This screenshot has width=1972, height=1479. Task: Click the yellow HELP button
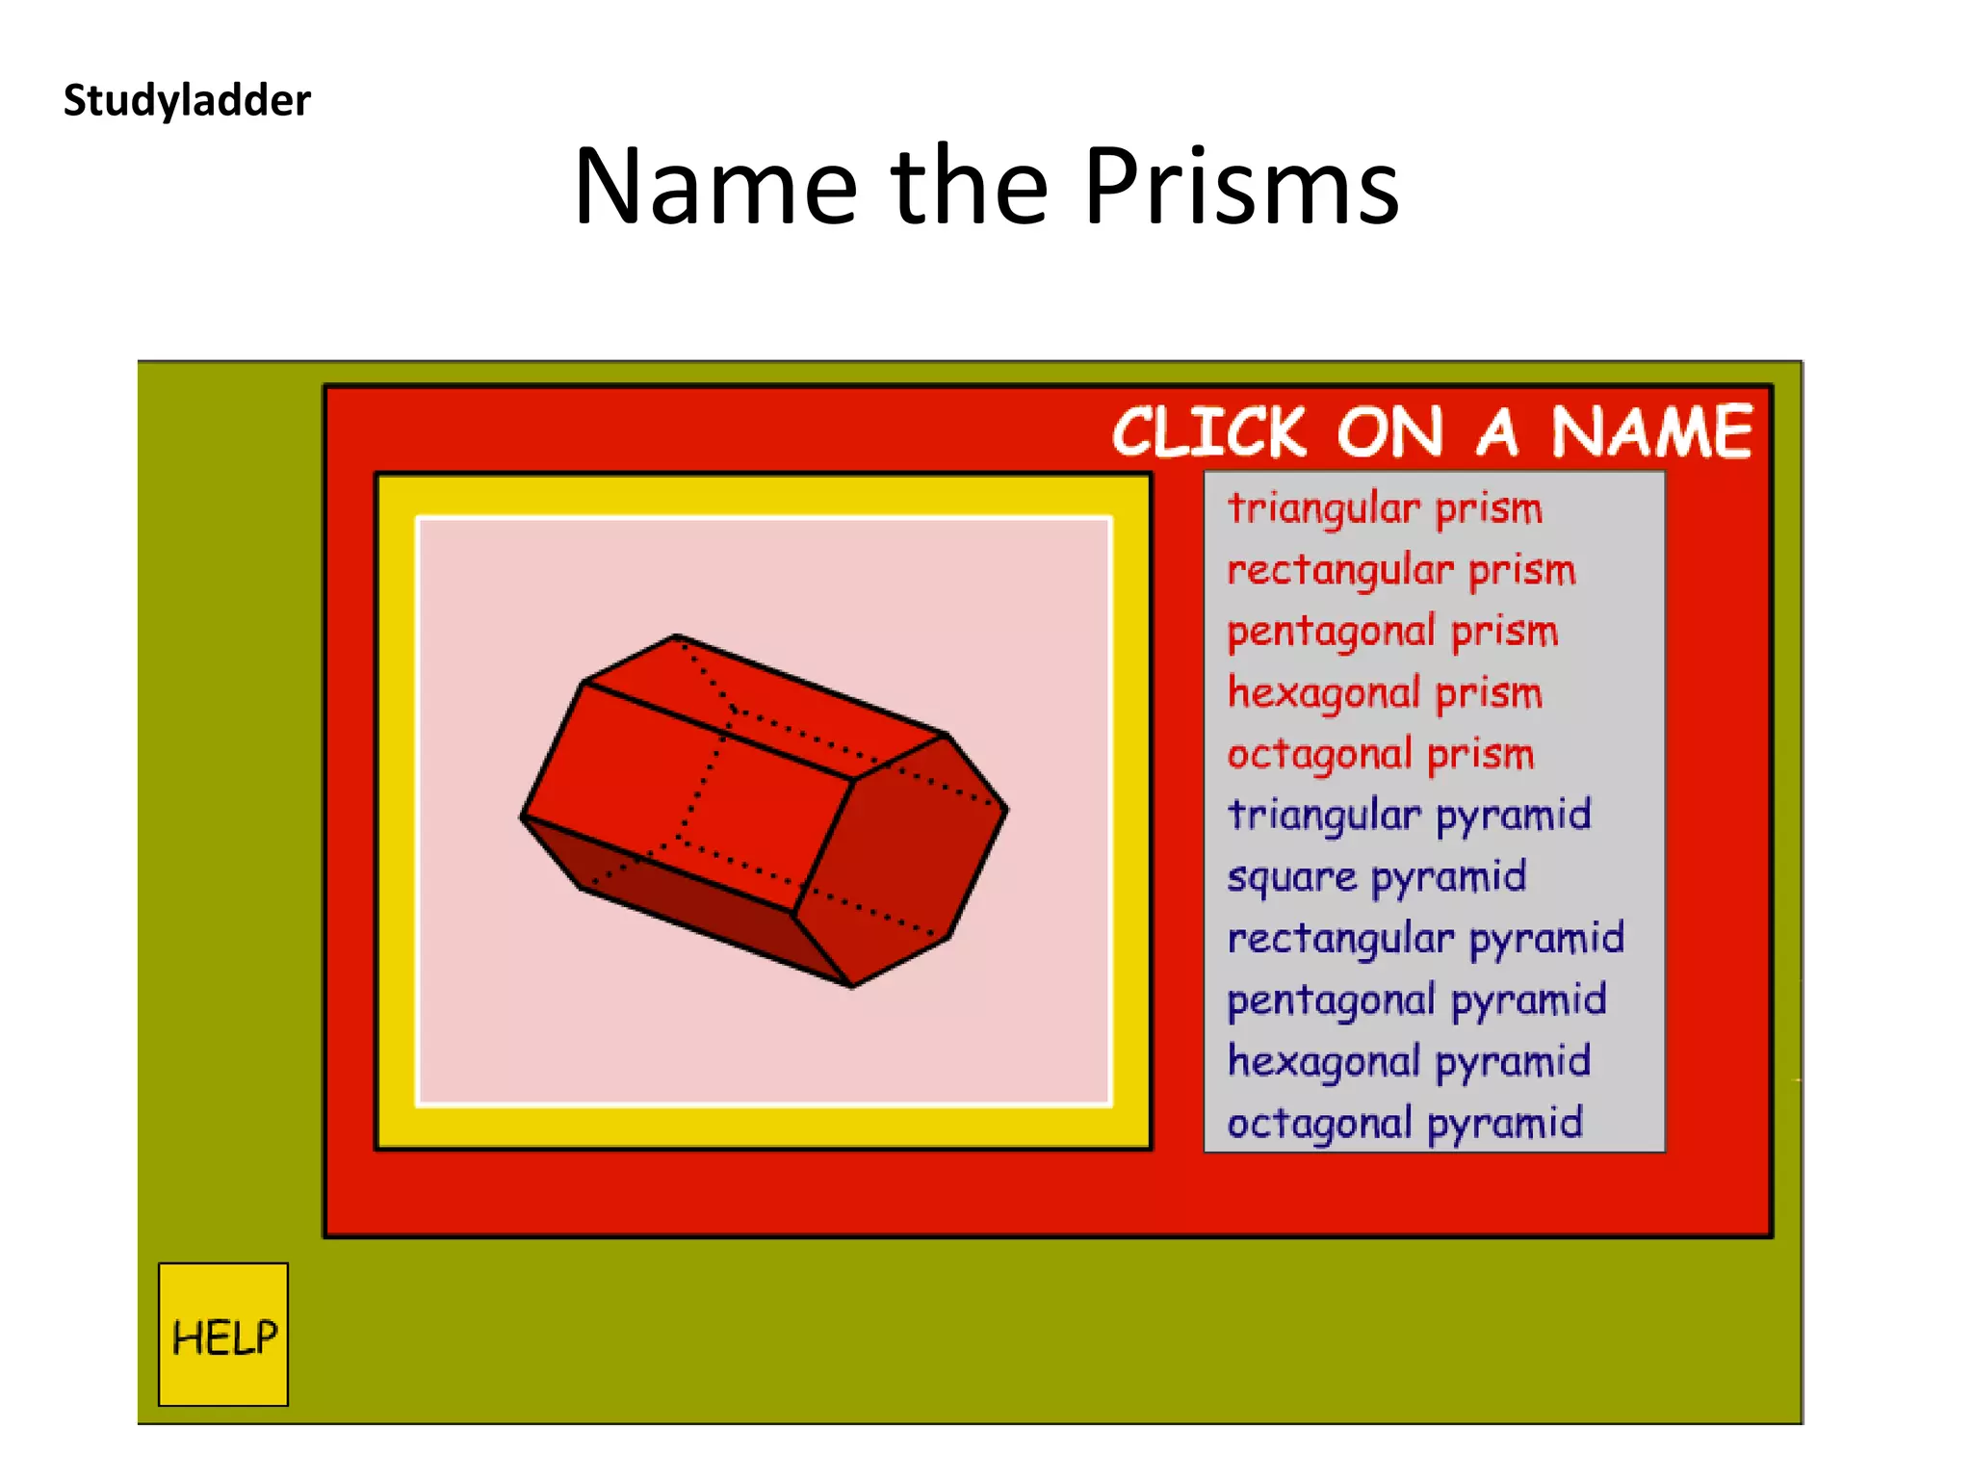223,1336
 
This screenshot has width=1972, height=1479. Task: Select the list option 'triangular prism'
1385,509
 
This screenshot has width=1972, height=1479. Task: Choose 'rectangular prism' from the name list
1401,571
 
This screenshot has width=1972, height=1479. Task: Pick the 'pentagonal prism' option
1392,633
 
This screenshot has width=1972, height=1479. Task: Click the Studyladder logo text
187,100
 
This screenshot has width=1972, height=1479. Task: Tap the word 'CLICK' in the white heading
1209,432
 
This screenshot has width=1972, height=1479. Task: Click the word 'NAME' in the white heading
1650,432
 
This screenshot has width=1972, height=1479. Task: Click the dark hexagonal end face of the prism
900,857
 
